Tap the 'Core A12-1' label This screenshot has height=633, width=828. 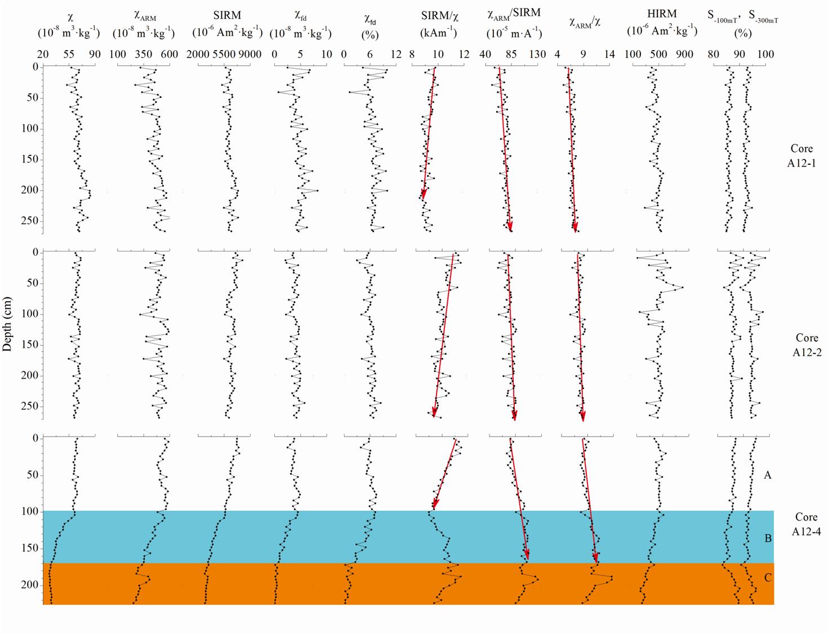(x=802, y=156)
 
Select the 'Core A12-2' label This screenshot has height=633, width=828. (x=807, y=345)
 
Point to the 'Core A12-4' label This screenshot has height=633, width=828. (x=806, y=524)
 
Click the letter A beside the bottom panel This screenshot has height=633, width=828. (x=767, y=475)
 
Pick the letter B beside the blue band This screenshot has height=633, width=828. (x=768, y=538)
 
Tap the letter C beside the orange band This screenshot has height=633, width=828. (x=768, y=578)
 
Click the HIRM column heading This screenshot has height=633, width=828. (x=662, y=14)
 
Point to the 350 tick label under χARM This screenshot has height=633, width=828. (x=144, y=55)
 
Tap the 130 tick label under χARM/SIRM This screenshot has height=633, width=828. (x=537, y=55)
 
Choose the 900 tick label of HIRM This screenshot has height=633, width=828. (x=685, y=55)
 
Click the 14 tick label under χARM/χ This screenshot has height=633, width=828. (x=609, y=55)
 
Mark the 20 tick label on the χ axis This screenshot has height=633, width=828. (x=43, y=55)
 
